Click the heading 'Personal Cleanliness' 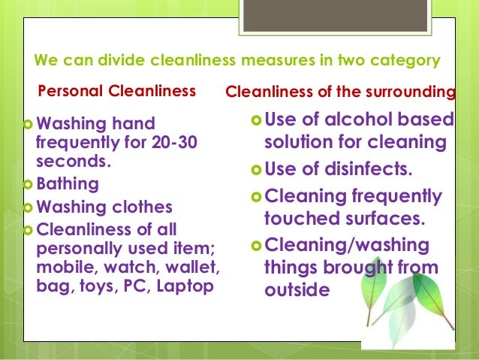(x=116, y=92)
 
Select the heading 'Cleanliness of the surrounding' (x=340, y=92)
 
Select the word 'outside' (x=297, y=289)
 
